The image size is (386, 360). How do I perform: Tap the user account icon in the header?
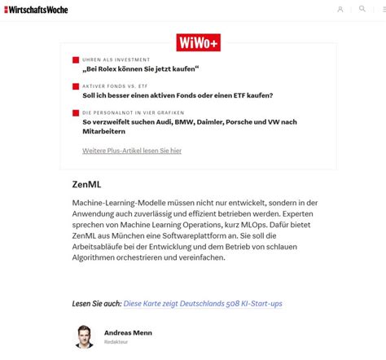(340, 10)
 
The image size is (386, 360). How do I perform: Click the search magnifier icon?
(362, 9)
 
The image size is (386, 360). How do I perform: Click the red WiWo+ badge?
(199, 42)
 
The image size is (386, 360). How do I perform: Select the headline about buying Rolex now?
(140, 69)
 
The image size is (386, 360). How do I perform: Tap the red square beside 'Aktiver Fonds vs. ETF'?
(76, 86)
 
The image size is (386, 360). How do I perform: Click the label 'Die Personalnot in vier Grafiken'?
(133, 112)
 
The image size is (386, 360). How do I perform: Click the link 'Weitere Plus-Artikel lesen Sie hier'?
(131, 151)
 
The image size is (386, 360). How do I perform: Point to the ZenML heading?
(86, 185)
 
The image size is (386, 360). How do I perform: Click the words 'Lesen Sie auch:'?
(96, 304)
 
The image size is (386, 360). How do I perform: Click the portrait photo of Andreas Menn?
(84, 337)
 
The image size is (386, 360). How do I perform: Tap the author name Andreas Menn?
(128, 332)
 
